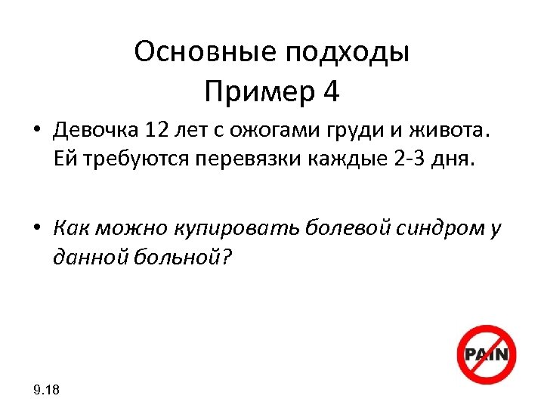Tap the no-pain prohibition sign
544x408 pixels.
pyautogui.click(x=487, y=355)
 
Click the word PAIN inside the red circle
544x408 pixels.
pyautogui.click(x=488, y=354)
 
